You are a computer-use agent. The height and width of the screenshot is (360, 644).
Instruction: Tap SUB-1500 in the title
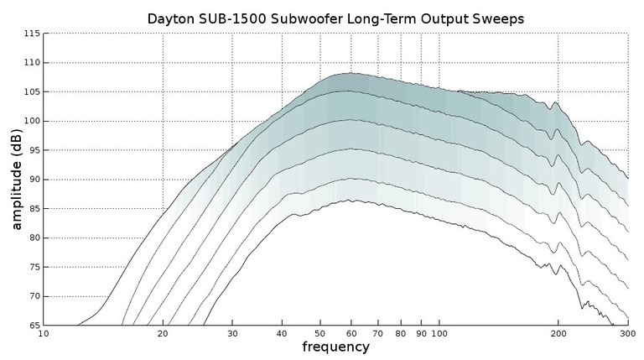[246, 18]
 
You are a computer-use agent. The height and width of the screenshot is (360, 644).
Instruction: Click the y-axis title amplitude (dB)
[16, 180]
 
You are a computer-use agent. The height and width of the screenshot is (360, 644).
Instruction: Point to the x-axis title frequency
[335, 347]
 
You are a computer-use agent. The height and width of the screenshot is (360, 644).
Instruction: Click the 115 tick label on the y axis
[30, 34]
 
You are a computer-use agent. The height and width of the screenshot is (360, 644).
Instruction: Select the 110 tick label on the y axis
[30, 63]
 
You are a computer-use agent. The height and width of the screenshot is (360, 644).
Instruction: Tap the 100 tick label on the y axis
[30, 121]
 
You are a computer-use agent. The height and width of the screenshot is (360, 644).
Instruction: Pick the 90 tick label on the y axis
[33, 180]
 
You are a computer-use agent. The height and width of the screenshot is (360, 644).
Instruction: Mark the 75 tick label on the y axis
[33, 267]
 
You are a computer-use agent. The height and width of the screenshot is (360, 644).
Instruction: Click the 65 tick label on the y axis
[33, 326]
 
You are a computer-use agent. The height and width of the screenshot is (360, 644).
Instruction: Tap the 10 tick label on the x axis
[44, 334]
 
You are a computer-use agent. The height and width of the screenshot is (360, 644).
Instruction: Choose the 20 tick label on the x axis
[163, 334]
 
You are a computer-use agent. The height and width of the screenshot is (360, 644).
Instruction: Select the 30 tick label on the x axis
[232, 334]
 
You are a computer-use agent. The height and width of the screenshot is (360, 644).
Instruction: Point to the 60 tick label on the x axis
[351, 334]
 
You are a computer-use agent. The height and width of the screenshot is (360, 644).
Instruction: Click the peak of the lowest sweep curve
[352, 201]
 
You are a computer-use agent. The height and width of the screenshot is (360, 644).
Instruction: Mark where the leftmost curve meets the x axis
[77, 325]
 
